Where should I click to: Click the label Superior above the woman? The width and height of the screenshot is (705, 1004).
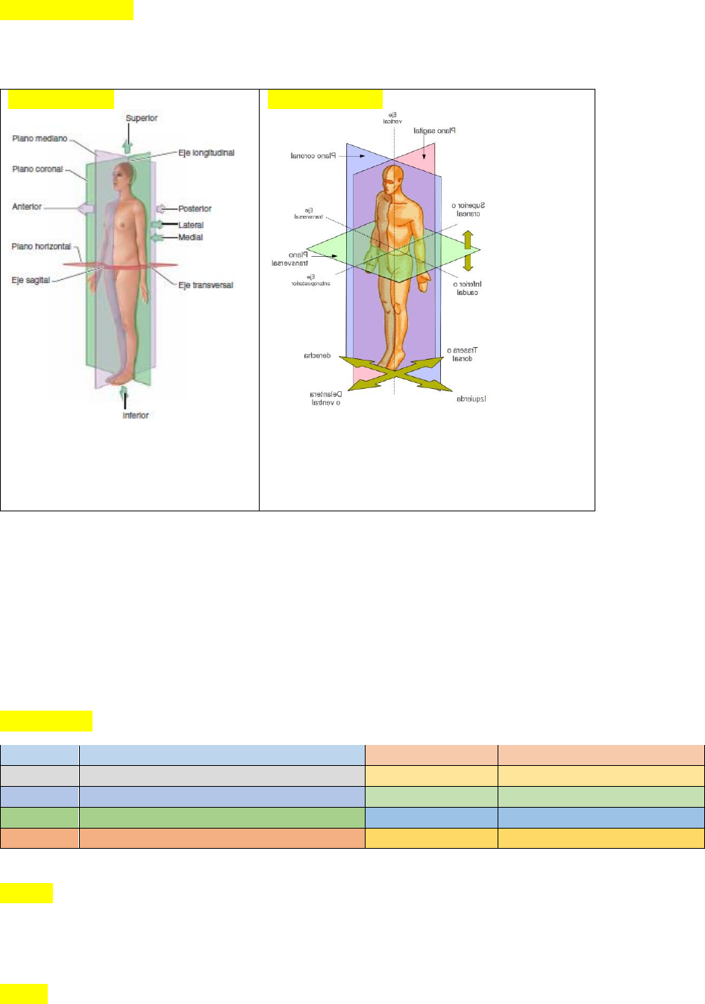[x=141, y=118]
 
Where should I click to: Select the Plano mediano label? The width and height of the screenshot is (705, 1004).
[x=40, y=139]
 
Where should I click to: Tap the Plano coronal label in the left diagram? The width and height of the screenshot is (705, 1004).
[x=37, y=169]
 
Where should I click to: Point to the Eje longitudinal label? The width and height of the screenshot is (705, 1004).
[x=206, y=153]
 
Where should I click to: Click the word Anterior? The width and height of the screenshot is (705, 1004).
[x=27, y=207]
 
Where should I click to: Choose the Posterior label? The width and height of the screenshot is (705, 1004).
[x=195, y=209]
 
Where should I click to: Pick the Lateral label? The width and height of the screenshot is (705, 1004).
[x=191, y=225]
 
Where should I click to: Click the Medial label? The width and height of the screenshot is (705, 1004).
[x=190, y=237]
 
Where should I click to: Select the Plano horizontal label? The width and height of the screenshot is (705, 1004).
[x=41, y=246]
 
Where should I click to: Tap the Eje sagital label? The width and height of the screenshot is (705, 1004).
[x=31, y=281]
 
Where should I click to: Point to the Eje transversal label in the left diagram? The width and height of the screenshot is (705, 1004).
[x=205, y=285]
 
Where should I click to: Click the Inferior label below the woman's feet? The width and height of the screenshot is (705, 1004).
[x=136, y=415]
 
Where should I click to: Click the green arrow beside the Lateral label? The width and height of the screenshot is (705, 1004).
[x=157, y=225]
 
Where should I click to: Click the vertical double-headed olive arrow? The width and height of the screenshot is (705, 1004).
[x=468, y=250]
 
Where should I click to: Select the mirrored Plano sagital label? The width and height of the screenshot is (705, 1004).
[x=434, y=131]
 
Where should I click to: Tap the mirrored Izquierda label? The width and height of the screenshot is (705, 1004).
[x=471, y=399]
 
